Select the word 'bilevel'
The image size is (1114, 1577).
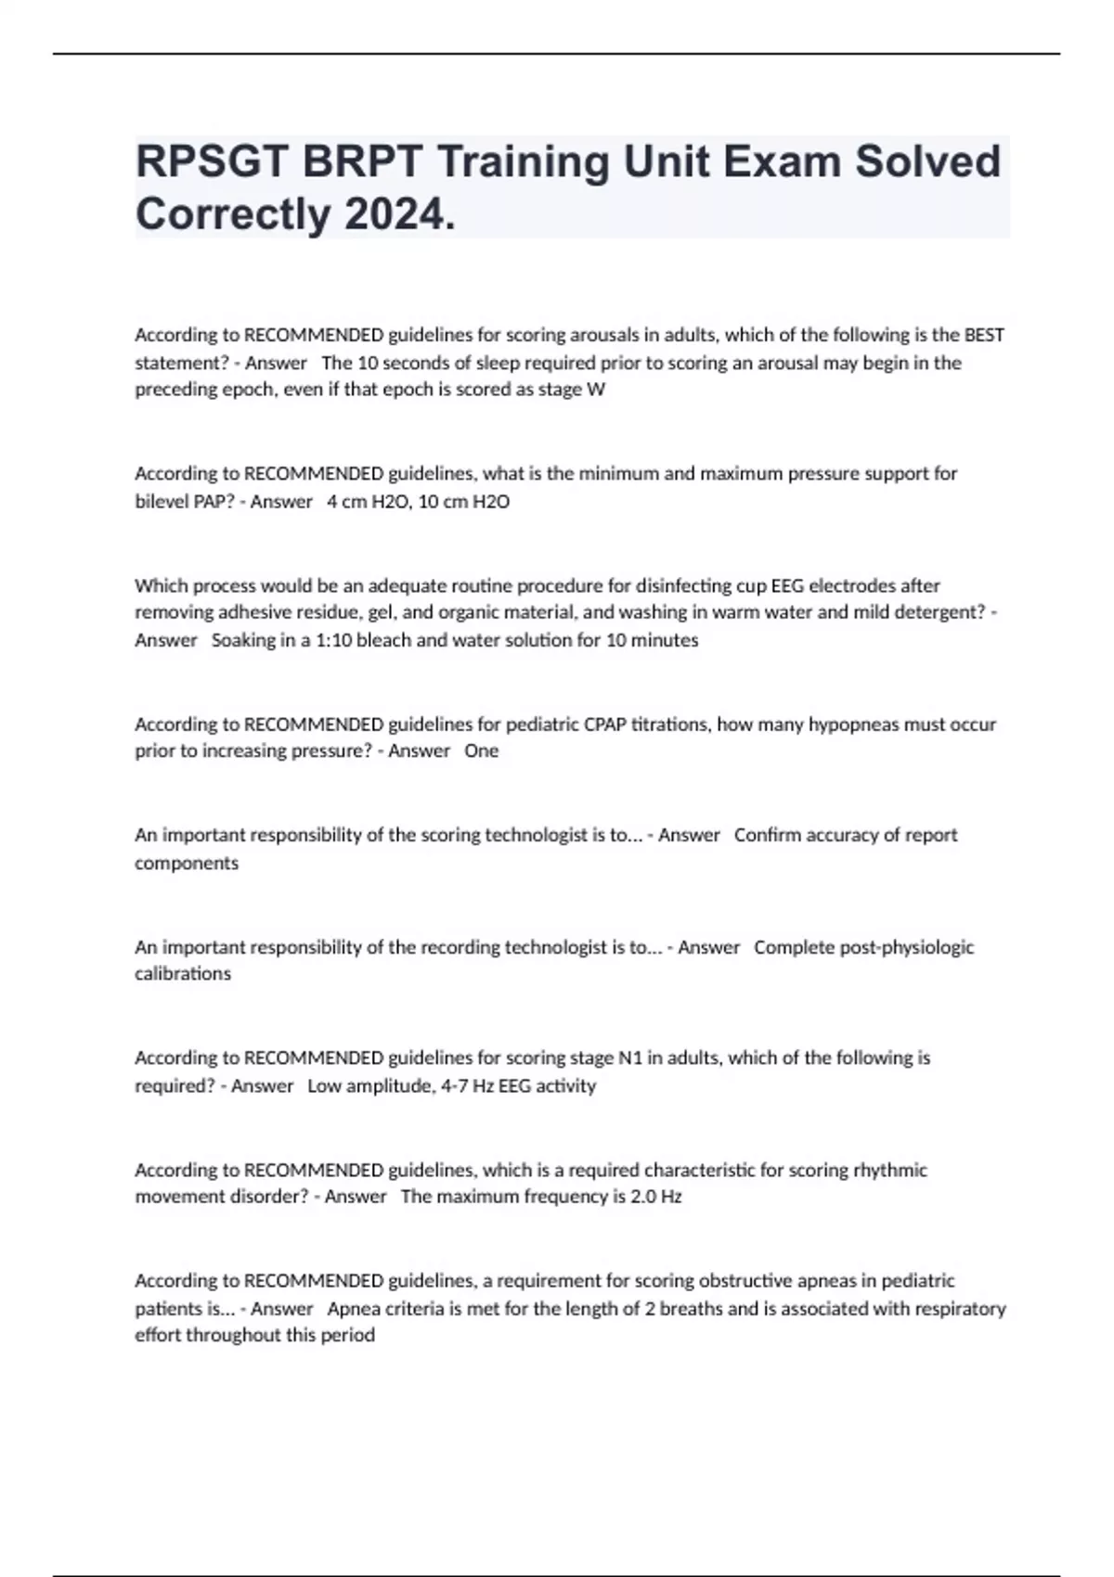(x=162, y=502)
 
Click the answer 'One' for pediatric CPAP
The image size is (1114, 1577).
(x=481, y=751)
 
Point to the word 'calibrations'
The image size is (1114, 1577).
(x=183, y=974)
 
